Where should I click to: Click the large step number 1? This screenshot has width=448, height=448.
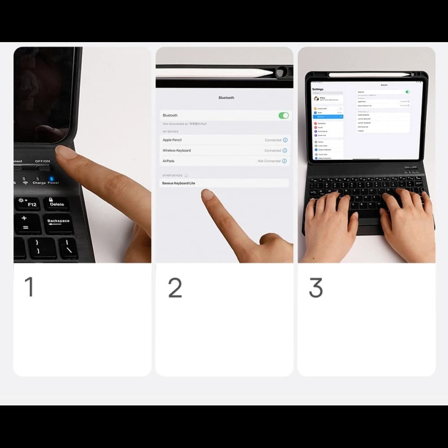tap(29, 287)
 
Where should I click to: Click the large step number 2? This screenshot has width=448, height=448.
tap(175, 288)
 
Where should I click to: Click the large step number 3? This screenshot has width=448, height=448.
tap(316, 288)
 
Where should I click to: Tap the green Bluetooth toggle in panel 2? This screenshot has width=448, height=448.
tap(284, 116)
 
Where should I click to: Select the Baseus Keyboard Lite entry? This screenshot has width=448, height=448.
tap(179, 183)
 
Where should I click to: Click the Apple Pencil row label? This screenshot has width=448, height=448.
tap(172, 140)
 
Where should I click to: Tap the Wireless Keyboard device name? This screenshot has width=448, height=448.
tap(177, 151)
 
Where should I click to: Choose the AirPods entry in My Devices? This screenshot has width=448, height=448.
tap(168, 161)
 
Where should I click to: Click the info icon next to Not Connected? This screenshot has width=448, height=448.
tap(285, 161)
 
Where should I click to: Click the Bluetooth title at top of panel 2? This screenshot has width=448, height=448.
tap(226, 98)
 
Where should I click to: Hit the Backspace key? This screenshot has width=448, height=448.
tap(58, 221)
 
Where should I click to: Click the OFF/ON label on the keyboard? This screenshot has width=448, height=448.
tap(43, 161)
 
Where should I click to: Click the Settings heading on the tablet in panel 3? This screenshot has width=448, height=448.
tap(317, 89)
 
